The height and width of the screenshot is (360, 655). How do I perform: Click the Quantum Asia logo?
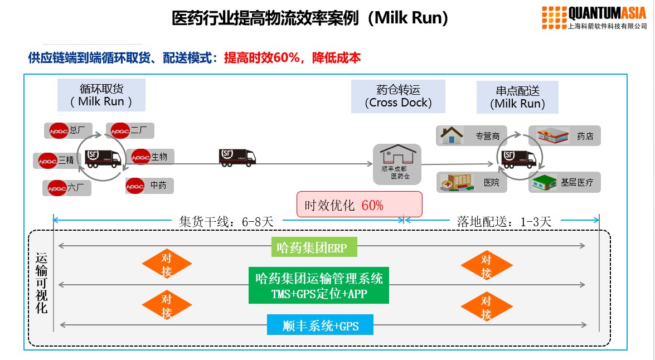tap(594, 17)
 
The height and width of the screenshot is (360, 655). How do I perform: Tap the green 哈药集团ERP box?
tap(314, 247)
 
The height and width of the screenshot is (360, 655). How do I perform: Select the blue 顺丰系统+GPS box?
tap(320, 325)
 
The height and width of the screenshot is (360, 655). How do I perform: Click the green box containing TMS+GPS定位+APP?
tap(319, 285)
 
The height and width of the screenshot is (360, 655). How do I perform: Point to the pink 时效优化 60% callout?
tap(359, 205)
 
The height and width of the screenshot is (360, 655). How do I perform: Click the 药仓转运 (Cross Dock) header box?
tap(398, 96)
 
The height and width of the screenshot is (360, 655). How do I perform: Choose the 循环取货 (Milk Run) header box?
tap(101, 95)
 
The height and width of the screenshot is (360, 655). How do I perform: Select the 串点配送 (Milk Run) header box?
tap(517, 97)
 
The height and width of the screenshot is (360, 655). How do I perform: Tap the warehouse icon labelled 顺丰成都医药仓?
tap(397, 164)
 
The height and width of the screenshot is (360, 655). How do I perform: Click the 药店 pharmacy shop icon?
tap(552, 136)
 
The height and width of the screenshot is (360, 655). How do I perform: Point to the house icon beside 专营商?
tap(452, 135)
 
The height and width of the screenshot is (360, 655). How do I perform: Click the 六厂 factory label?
tap(67, 188)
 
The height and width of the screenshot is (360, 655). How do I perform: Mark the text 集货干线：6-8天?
tap(226, 221)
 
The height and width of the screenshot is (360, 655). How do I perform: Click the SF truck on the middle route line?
tap(237, 158)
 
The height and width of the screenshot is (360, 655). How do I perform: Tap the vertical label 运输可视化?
tap(42, 283)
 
